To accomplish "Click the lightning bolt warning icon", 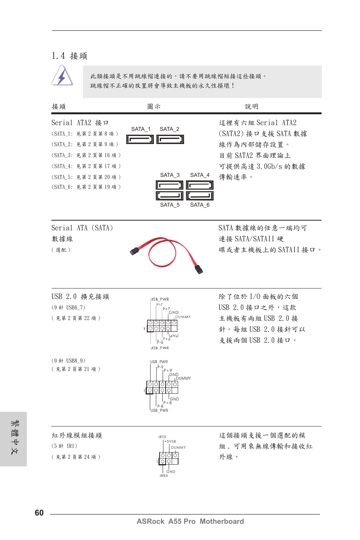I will click(62, 76).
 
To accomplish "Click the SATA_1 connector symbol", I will click(140, 140).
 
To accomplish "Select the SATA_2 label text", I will click(169, 129).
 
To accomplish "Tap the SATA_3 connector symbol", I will click(169, 185).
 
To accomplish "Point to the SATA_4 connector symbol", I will click(200, 185).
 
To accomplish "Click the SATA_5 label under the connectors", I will click(169, 205).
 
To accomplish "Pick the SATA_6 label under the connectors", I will click(200, 205).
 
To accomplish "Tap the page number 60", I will click(39, 512).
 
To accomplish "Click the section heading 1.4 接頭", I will click(69, 56).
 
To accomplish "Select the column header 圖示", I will click(154, 107).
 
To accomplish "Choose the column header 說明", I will click(252, 107).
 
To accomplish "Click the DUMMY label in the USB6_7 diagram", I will click(183, 317).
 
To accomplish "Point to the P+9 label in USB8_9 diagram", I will click(168, 370).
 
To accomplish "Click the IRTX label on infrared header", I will click(162, 437).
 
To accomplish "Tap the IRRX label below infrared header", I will click(164, 476).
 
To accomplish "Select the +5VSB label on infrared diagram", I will click(170, 441).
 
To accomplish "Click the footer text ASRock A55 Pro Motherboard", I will click(190, 521).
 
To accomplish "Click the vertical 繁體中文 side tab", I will click(14, 439).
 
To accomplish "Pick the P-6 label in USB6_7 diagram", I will click(160, 342).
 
